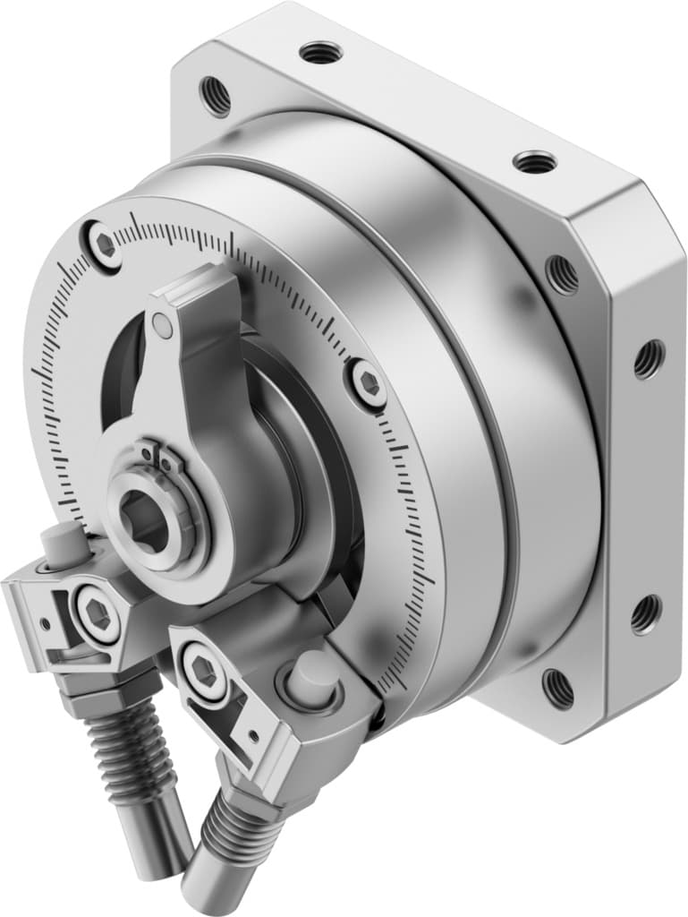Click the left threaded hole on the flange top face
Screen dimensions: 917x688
320,53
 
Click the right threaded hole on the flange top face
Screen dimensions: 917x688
535,162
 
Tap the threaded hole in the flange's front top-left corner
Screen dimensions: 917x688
215,96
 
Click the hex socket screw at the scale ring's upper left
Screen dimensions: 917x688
105,243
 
